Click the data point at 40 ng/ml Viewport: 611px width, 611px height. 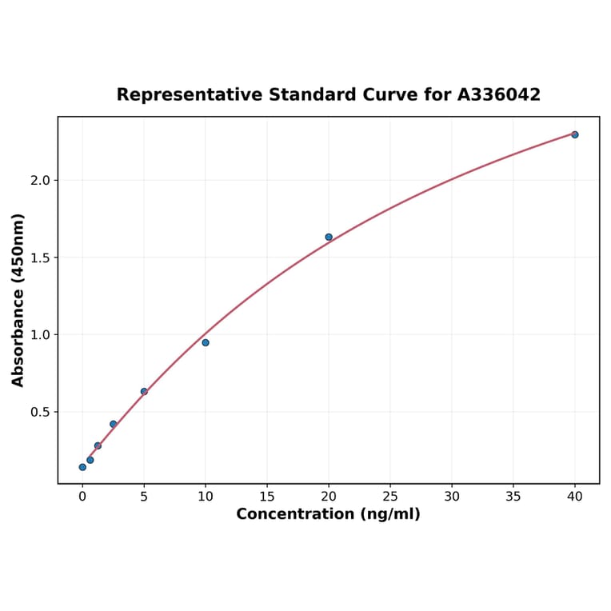(575, 134)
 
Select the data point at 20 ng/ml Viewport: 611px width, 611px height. (329, 237)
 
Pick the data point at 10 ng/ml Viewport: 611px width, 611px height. (206, 342)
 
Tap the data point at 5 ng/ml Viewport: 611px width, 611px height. (144, 391)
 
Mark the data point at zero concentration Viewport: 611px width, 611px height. (82, 467)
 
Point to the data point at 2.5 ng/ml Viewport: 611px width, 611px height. (114, 424)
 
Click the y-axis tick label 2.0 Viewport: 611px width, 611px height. (40, 181)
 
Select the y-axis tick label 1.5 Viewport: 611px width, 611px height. (40, 258)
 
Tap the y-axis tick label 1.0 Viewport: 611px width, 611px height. (40, 335)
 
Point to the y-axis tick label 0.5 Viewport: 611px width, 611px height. (40, 412)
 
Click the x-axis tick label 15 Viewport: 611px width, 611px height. (267, 496)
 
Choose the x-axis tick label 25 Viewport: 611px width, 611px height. (390, 496)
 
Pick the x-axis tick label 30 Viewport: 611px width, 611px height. (452, 496)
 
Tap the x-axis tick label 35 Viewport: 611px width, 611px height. (513, 496)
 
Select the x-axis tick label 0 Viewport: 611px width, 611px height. (82, 496)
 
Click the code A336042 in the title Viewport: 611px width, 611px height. (499, 94)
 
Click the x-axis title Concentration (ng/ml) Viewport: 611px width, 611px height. (328, 514)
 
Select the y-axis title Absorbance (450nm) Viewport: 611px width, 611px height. (18, 300)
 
